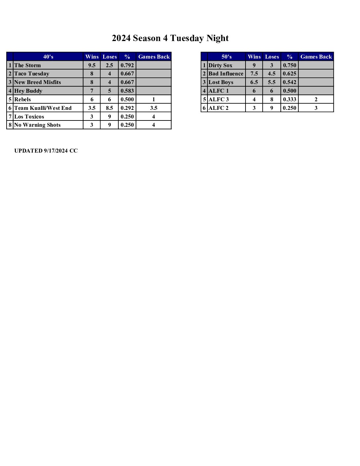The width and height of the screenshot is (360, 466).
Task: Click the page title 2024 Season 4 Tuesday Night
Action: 170,38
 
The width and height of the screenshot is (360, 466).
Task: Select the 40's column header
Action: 48,57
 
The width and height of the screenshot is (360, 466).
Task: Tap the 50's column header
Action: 226,57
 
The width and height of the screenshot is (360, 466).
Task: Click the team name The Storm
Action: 27,65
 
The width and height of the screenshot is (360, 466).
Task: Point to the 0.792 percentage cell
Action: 127,65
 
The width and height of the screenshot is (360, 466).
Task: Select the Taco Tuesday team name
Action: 31,73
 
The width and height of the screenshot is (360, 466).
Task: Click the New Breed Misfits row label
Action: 37,82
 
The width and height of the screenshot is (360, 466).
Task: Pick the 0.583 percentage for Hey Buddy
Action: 127,91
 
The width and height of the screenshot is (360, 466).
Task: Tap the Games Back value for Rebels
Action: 154,99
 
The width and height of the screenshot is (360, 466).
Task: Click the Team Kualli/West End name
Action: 43,108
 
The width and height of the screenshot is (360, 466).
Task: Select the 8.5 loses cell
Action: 110,108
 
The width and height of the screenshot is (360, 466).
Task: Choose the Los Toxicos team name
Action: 29,117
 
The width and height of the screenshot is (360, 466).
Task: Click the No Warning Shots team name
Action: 37,125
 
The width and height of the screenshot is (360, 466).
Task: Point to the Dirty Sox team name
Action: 220,65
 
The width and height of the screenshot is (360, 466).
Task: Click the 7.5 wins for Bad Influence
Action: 254,73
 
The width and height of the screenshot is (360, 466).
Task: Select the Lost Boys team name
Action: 221,82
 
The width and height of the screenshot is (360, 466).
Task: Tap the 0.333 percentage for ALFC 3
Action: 290,99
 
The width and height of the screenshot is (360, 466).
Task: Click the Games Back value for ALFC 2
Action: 316,108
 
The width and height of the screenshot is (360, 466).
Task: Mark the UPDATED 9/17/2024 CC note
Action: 46,151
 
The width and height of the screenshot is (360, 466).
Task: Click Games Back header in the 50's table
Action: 316,57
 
